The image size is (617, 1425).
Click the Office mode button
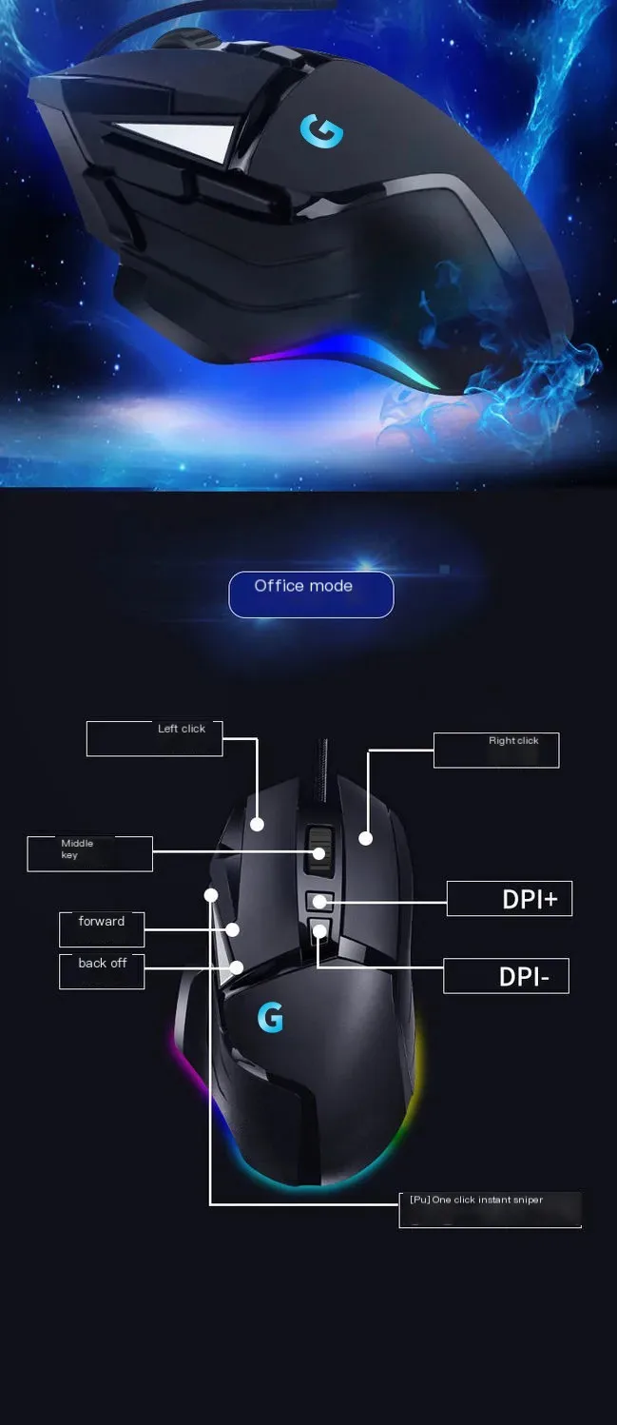tap(311, 595)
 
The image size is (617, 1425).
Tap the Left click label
tap(154, 738)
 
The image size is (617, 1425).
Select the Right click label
tap(496, 750)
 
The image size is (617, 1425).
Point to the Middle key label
tap(89, 853)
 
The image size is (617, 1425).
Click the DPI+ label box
tap(510, 898)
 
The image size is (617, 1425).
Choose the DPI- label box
tap(506, 976)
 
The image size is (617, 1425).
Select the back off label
tap(102, 970)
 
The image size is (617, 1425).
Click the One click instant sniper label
tap(490, 1208)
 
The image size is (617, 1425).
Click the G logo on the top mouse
tap(321, 131)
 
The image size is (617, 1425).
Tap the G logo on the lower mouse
tap(270, 1018)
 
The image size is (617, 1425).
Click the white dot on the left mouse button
tap(258, 824)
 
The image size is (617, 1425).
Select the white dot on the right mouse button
tap(366, 838)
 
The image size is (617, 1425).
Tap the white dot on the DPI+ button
tap(320, 900)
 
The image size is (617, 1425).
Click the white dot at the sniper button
tap(211, 895)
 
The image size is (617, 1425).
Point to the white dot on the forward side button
tap(232, 929)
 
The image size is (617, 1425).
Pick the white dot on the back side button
tap(237, 967)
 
